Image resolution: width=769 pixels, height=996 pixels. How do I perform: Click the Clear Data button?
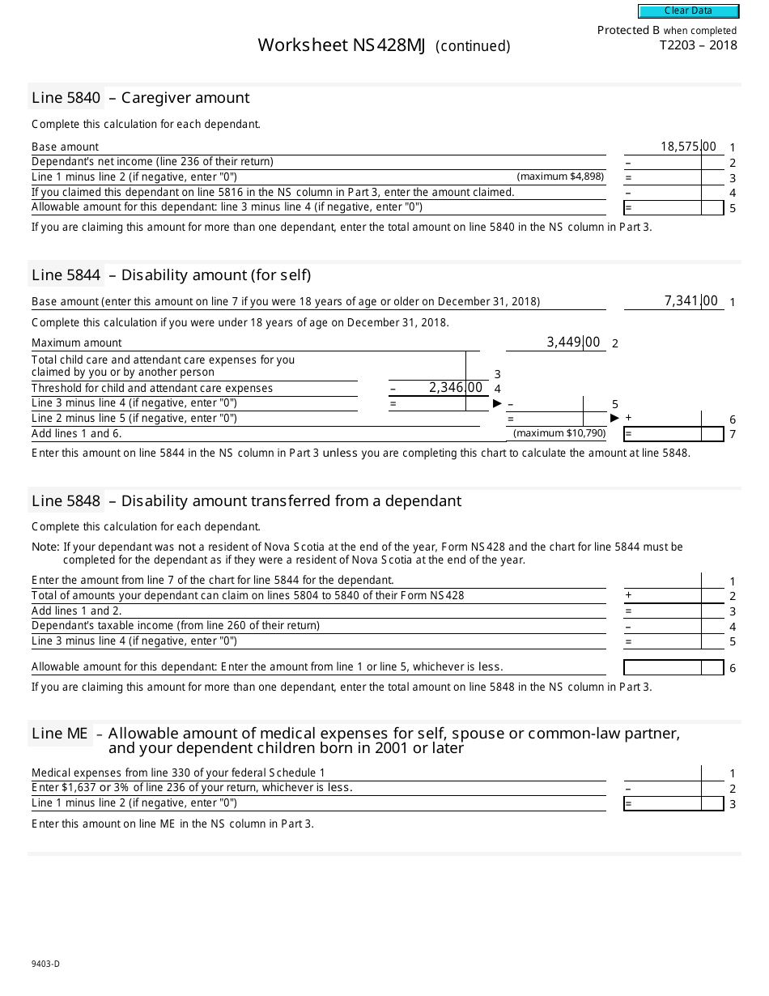(688, 11)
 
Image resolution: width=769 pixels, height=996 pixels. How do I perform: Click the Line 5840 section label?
(66, 98)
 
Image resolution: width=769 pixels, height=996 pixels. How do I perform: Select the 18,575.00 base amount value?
(688, 147)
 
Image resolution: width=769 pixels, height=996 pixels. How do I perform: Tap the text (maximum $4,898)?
(560, 177)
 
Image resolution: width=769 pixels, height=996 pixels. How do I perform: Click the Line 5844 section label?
(66, 275)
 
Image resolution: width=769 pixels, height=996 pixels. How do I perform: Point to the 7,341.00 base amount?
(690, 301)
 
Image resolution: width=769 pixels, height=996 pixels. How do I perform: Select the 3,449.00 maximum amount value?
(573, 343)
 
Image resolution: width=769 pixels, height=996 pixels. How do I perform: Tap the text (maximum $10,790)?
(559, 433)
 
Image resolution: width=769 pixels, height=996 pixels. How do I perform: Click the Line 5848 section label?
(66, 501)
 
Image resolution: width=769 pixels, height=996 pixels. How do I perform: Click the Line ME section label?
(60, 734)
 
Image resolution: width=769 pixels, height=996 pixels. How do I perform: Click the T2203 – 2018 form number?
(698, 45)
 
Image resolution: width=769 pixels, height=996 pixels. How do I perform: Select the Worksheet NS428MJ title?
(341, 45)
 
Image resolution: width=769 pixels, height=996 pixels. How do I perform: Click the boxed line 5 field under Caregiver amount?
(673, 208)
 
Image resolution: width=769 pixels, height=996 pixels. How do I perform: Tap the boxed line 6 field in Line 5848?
(673, 668)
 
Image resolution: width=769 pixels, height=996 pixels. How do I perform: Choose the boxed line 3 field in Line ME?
(673, 803)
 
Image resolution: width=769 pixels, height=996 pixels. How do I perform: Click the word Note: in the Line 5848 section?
(45, 547)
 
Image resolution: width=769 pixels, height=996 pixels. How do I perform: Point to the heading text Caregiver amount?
(185, 98)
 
